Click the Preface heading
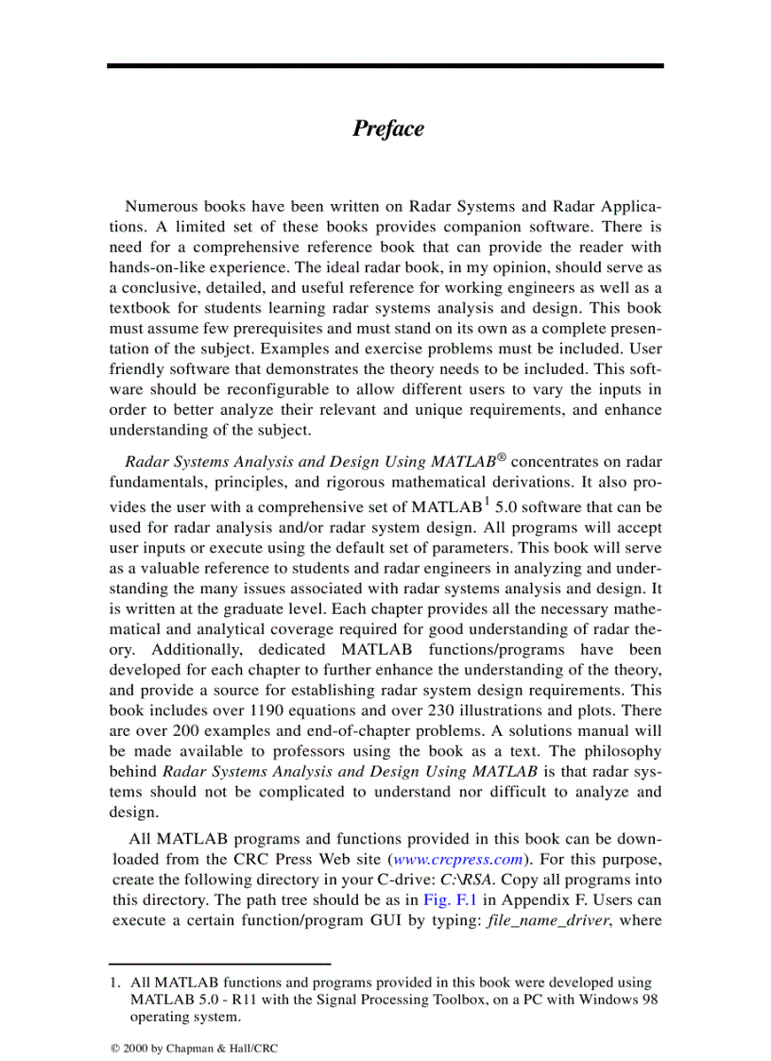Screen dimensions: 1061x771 [x=387, y=128]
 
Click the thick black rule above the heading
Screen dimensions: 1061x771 [x=385, y=66]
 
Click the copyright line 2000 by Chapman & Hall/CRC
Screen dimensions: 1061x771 [x=195, y=1049]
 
